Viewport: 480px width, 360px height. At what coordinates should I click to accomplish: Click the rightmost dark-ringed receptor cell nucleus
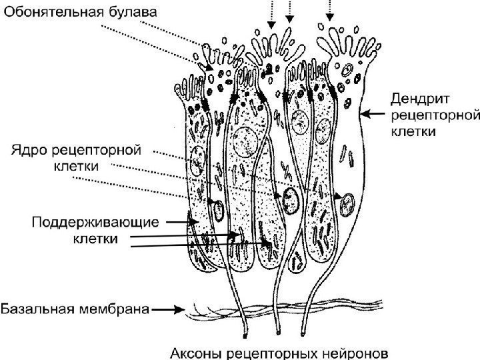coord(346,203)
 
